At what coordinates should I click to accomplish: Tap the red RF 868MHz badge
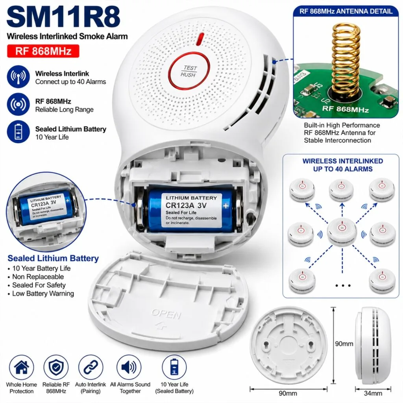(43, 51)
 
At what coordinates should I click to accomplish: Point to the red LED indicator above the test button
(200, 39)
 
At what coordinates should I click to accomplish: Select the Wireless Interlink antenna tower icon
(18, 77)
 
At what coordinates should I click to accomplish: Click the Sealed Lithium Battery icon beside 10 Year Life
(18, 131)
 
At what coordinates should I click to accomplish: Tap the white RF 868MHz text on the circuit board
(346, 109)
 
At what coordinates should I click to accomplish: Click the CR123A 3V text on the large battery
(186, 205)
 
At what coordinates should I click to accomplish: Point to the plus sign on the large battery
(226, 206)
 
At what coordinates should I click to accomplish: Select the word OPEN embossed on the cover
(166, 314)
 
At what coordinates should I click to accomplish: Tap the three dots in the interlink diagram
(343, 285)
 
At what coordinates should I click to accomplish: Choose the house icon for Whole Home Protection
(21, 367)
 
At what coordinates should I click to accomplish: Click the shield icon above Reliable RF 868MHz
(56, 367)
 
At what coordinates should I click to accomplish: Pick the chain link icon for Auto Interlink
(91, 367)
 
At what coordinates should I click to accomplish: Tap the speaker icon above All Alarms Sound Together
(129, 367)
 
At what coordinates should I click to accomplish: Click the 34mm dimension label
(373, 393)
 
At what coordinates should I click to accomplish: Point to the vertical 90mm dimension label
(344, 344)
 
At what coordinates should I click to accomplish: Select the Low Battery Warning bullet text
(43, 294)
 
